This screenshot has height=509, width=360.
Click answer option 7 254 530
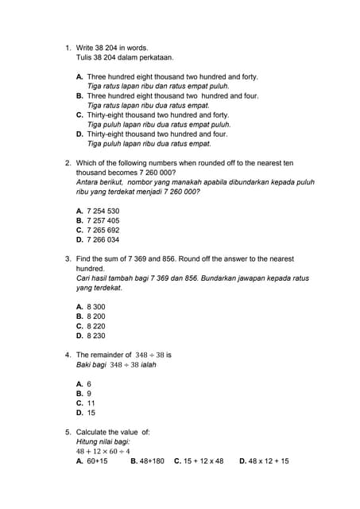click(x=103, y=211)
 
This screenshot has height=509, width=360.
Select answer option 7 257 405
click(x=103, y=220)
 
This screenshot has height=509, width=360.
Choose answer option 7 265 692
click(x=103, y=230)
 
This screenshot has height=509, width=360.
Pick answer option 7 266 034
click(x=103, y=239)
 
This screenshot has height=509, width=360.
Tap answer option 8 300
click(x=95, y=307)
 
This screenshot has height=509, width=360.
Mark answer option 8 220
click(x=95, y=326)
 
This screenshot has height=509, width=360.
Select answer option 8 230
click(x=95, y=336)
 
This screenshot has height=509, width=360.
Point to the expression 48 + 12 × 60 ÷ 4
click(x=103, y=451)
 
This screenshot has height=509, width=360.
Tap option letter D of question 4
click(x=79, y=413)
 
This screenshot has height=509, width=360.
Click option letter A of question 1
click(x=79, y=77)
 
